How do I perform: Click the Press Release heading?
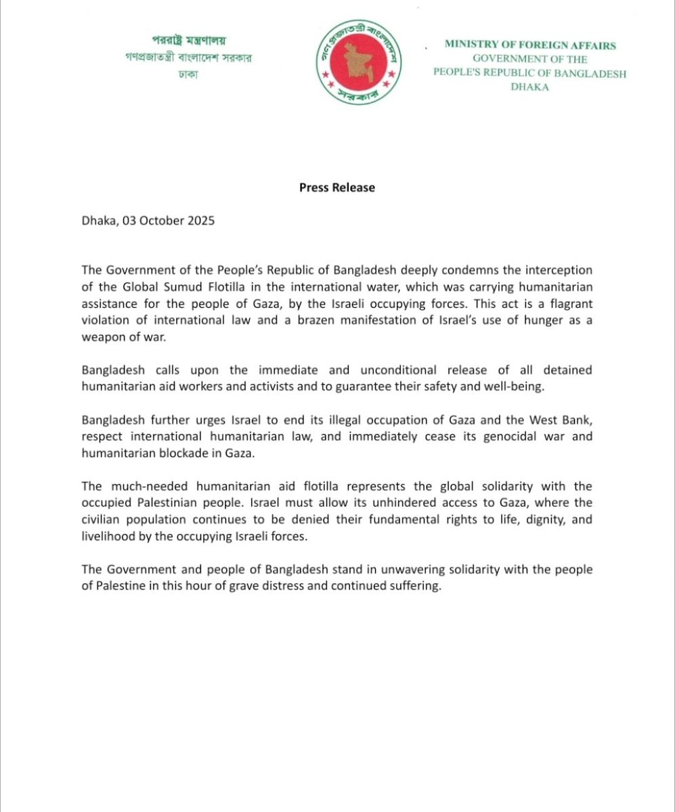pos(337,187)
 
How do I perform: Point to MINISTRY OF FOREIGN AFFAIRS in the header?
pos(530,45)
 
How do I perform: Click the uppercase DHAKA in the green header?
pos(530,88)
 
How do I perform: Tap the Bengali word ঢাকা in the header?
pos(185,74)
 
